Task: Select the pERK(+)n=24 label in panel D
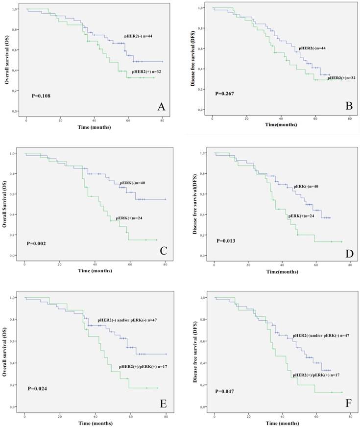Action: coord(301,216)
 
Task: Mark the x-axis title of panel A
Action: coord(95,127)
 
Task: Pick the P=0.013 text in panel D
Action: coord(228,240)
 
